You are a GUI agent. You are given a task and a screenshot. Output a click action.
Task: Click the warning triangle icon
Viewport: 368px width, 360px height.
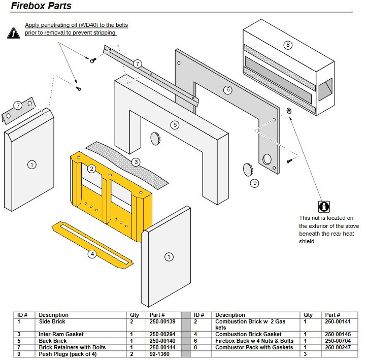click(x=13, y=33)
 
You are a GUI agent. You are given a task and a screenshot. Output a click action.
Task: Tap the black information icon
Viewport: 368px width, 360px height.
click(x=323, y=207)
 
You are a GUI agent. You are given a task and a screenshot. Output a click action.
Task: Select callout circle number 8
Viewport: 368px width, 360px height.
click(x=288, y=45)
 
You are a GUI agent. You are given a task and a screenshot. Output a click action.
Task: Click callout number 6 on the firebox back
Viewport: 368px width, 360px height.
click(x=228, y=90)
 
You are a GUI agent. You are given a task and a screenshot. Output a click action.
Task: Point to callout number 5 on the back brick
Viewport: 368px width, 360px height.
click(x=175, y=124)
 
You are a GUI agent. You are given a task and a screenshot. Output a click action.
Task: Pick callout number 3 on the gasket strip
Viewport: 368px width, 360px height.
click(x=136, y=162)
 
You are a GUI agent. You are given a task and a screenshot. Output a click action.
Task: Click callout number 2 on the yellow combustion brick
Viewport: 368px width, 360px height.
click(x=91, y=168)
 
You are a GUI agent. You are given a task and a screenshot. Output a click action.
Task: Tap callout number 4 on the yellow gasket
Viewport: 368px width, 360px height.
click(x=92, y=254)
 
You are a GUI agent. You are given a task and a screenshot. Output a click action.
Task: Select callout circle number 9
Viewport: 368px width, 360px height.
click(x=254, y=183)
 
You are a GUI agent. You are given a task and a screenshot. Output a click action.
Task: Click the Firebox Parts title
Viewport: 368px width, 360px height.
click(x=41, y=7)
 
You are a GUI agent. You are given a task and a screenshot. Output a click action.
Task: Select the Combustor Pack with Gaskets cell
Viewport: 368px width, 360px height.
click(x=254, y=347)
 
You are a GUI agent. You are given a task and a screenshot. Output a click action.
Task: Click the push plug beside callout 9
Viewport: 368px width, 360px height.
click(x=247, y=169)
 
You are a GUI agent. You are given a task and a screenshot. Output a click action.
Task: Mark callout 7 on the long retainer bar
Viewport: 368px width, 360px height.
click(x=138, y=63)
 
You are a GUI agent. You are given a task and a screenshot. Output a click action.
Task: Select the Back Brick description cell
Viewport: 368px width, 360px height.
click(x=53, y=341)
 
